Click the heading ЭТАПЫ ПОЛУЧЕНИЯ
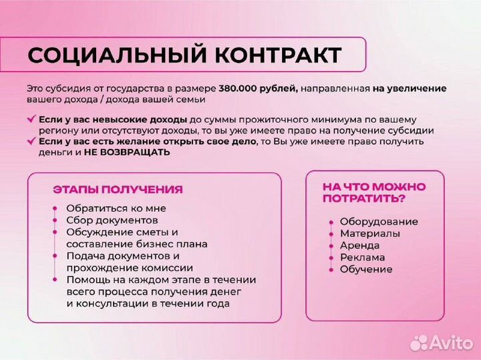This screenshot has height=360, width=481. point(118,190)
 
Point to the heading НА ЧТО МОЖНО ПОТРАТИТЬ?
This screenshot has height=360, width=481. point(373,192)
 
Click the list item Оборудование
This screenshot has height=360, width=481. point(379,222)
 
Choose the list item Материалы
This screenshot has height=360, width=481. point(370,234)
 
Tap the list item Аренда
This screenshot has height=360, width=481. point(359,246)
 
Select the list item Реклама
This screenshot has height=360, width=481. point(362,257)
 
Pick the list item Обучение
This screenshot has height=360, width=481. point(366,269)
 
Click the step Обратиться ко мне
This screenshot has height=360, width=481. point(116,208)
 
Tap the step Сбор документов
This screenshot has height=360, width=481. point(112,220)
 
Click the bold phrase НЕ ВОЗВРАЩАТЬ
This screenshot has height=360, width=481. point(127,152)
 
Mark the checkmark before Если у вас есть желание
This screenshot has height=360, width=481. point(31,141)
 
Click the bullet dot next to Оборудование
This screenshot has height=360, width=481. point(331,222)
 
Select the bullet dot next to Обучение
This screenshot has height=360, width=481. point(331,269)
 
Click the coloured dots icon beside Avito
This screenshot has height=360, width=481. point(418,342)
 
